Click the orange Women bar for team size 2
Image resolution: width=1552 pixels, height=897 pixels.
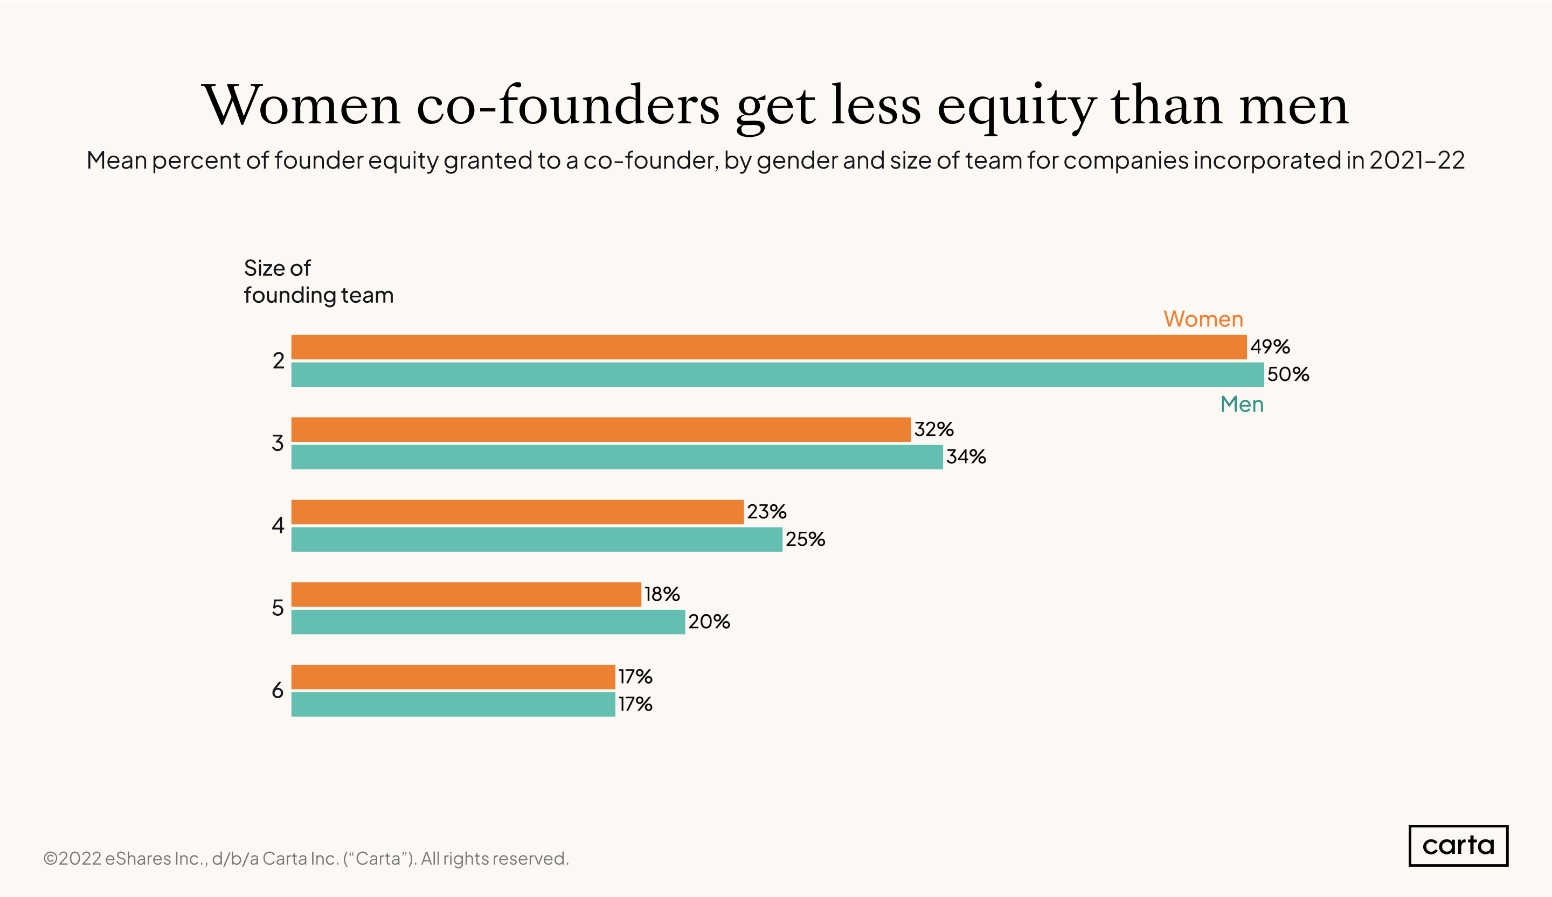click(x=768, y=347)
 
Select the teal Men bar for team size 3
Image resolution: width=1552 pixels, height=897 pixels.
click(x=616, y=457)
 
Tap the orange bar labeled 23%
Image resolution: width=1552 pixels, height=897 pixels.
click(x=517, y=512)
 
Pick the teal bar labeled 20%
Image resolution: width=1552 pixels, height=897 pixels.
click(x=488, y=622)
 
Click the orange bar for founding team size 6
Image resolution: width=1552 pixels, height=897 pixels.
click(x=453, y=677)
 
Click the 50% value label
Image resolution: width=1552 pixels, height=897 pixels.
click(x=1287, y=374)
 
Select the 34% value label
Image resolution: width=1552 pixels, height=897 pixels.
click(x=966, y=457)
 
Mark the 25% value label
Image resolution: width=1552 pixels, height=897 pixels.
click(x=805, y=539)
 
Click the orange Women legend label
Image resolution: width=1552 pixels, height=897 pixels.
click(x=1203, y=319)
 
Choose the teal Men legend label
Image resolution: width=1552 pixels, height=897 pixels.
click(x=1242, y=405)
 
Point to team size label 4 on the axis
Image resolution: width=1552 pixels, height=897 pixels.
click(x=278, y=525)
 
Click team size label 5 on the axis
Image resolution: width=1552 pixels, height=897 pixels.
click(x=278, y=608)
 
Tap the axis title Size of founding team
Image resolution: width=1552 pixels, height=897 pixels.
click(x=318, y=281)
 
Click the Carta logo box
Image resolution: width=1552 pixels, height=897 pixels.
click(x=1458, y=845)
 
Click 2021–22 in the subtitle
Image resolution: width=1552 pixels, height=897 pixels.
click(x=1417, y=160)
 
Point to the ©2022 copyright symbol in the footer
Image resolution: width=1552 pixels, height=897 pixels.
click(x=51, y=858)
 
